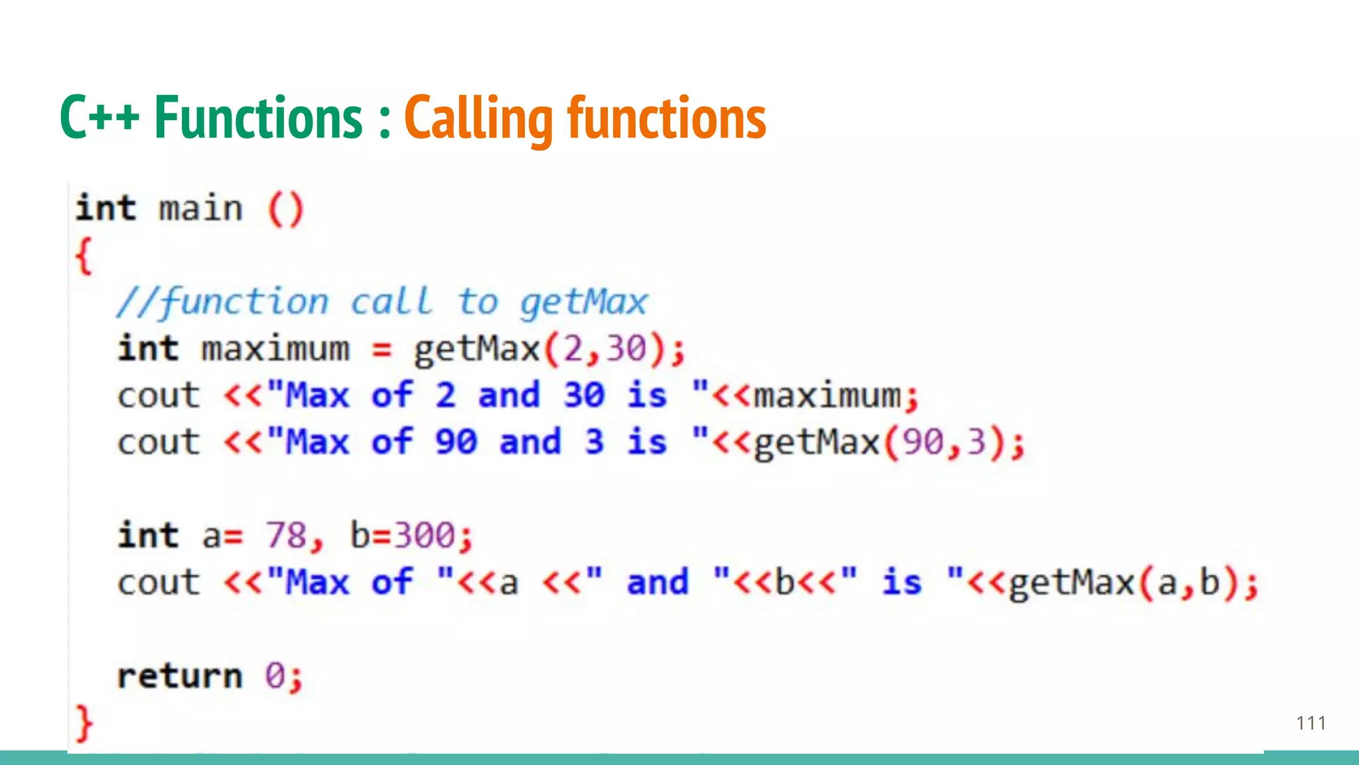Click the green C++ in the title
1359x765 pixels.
click(x=99, y=118)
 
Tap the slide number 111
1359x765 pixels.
click(x=1311, y=723)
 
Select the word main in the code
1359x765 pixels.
click(x=200, y=209)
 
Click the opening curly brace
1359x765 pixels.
click(x=84, y=256)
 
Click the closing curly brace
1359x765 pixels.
click(x=84, y=722)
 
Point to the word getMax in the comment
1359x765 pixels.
click(x=583, y=303)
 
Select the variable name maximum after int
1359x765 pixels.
click(x=275, y=349)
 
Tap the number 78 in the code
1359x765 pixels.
click(x=286, y=536)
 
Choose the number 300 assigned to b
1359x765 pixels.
click(x=425, y=536)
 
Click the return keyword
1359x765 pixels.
click(x=180, y=676)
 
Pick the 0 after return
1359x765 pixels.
click(x=275, y=676)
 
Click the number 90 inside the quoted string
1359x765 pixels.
click(x=456, y=442)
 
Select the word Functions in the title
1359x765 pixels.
click(x=258, y=118)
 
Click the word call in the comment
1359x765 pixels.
click(x=392, y=303)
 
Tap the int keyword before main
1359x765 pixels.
click(x=106, y=209)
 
